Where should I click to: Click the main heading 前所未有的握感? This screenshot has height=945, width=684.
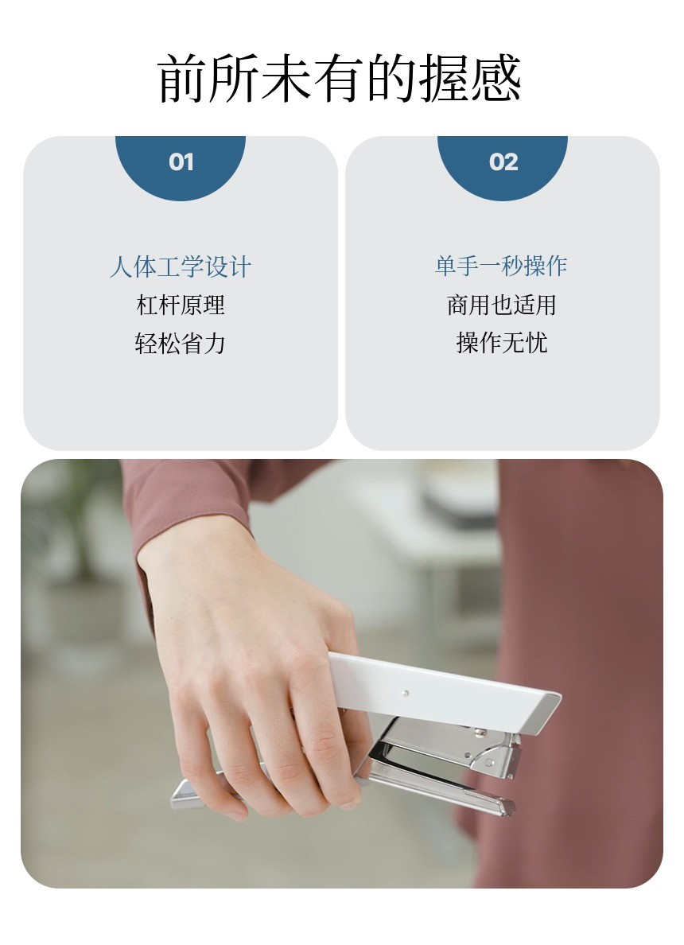pos(340,79)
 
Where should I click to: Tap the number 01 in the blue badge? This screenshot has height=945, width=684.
pos(181,162)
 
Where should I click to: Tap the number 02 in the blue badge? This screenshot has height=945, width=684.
pos(503,162)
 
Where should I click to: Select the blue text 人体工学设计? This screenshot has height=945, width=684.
pos(181,266)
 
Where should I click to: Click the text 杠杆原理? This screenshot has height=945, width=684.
pos(181,305)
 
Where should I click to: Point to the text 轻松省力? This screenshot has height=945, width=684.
pos(181,343)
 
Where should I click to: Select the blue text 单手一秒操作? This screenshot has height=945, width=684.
pos(501,266)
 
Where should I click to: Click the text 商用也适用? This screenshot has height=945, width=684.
pos(501,305)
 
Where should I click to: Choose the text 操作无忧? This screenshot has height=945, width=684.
pos(501,343)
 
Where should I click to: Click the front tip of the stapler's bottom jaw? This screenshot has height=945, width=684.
pos(505,807)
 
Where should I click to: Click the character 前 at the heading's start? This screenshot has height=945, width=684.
pos(182,79)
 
